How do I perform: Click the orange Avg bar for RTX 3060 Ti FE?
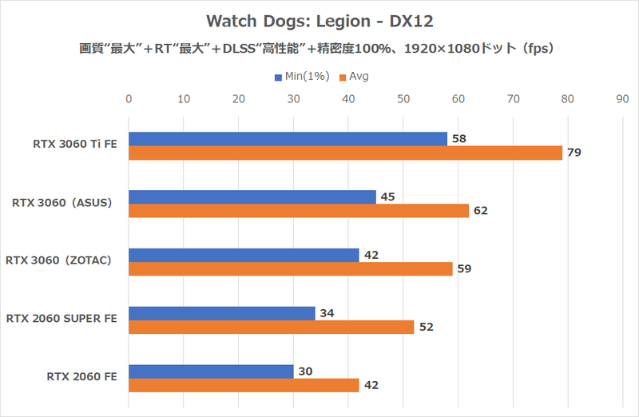point(345,153)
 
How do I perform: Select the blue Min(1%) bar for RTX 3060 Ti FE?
point(288,139)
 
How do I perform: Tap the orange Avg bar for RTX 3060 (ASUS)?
point(299,211)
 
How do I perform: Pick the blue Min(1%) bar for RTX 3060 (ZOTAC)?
point(244,255)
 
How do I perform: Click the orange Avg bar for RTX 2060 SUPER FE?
point(271,327)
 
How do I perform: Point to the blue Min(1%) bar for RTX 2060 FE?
point(211,371)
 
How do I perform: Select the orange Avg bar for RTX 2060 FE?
point(244,385)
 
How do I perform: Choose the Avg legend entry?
point(355,77)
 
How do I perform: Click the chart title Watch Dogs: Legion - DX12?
point(319,19)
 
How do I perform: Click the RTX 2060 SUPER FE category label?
point(62,319)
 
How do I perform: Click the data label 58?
point(459,139)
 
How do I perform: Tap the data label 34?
point(327,313)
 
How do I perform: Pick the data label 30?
point(306,371)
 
